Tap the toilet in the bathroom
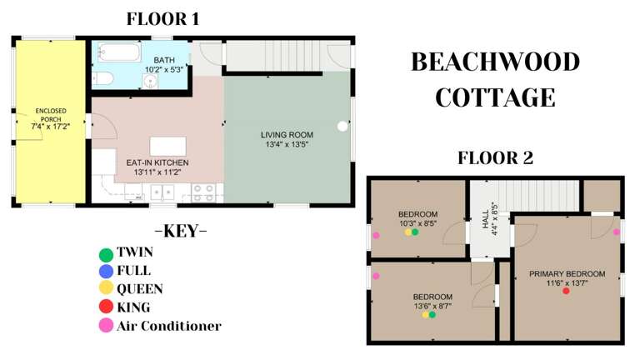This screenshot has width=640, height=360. coord(103,78)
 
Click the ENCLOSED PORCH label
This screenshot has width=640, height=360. coord(50,118)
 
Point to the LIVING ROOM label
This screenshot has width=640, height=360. coord(286,139)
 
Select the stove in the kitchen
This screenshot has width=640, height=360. coord(203,192)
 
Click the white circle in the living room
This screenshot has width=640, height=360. coord(342,127)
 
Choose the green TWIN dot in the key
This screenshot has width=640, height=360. coord(105,253)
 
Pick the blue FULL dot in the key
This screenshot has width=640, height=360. coord(105,272)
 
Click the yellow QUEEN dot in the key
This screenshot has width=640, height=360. coord(105,290)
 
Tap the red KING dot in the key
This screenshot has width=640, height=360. coord(105,308)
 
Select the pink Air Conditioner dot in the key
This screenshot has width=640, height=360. coord(105,327)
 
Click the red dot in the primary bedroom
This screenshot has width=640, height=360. coord(566,291)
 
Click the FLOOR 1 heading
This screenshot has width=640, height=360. coord(162,18)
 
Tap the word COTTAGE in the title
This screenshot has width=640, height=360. coord(495,97)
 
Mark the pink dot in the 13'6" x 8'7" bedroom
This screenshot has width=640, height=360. coord(376,276)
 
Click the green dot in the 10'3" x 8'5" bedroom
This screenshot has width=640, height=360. coord(415,232)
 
